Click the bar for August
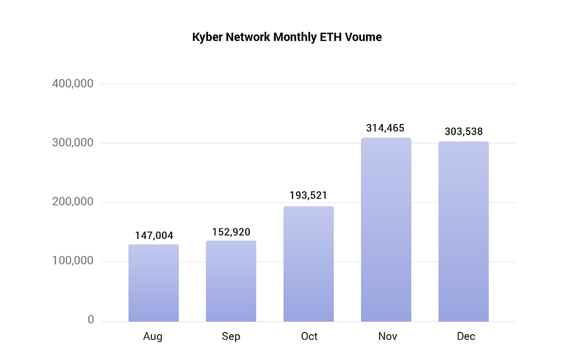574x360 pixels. (x=154, y=283)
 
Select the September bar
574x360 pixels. (x=231, y=281)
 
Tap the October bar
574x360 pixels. (x=308, y=264)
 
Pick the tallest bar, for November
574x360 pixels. (x=386, y=230)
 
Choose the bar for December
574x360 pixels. (x=464, y=232)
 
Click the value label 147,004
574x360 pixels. (x=154, y=236)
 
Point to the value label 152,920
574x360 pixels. (x=231, y=232)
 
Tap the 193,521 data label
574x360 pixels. (x=308, y=196)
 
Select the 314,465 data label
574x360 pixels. (x=386, y=128)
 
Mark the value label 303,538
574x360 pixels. (x=464, y=132)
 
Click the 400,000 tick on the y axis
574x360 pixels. (x=73, y=84)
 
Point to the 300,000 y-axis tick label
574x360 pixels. (x=73, y=143)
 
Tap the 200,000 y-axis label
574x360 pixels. (x=73, y=202)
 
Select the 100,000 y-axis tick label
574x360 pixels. (x=73, y=262)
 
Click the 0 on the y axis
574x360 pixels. (x=90, y=320)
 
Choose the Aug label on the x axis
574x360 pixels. (x=153, y=336)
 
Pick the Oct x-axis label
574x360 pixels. (x=309, y=336)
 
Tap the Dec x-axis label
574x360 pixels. (x=466, y=336)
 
